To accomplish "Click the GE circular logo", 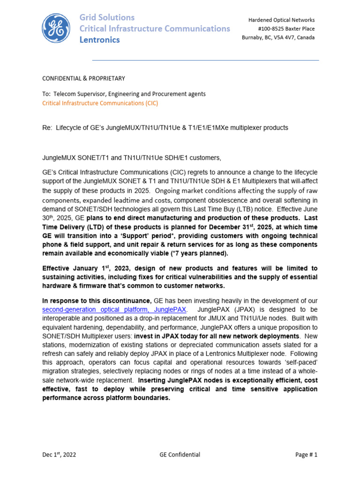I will click(x=57, y=29).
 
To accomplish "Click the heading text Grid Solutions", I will click(x=107, y=17).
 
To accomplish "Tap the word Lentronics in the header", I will click(x=99, y=40).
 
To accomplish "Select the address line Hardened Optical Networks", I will click(x=281, y=20).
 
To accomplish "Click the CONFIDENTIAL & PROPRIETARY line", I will click(x=84, y=78).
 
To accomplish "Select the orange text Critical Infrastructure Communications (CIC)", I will click(x=100, y=103).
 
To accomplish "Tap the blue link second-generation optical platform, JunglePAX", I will click(x=114, y=310).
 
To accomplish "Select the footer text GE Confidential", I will click(x=180, y=454).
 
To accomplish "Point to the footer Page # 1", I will click(x=306, y=454).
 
